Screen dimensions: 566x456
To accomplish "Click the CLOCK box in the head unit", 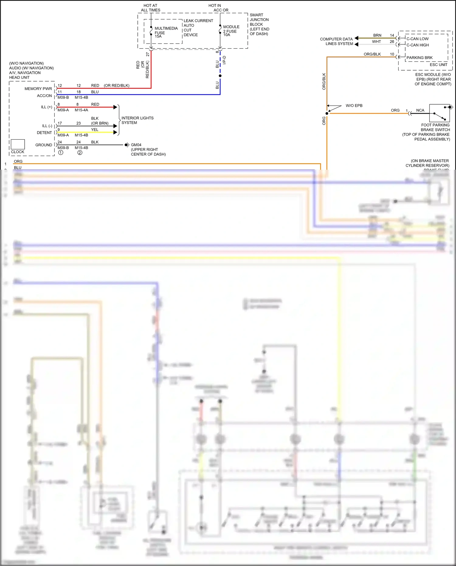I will coord(18,144).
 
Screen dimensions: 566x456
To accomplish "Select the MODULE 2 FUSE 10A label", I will coord(231,31).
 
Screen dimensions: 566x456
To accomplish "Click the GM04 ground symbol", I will coord(127,145).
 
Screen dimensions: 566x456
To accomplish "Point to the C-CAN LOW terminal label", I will coord(417,39).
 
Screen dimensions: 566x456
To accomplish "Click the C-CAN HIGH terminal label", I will coord(417,45).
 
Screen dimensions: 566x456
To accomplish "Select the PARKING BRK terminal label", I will coord(419,58).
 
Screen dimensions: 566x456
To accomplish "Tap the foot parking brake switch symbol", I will coord(440,113).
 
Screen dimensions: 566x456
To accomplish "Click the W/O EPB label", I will coord(354,106).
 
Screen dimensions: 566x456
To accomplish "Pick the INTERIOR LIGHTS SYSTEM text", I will coord(137,120).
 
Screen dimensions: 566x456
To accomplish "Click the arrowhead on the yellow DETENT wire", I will coord(115,132).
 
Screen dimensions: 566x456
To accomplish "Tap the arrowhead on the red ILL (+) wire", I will coord(115,107).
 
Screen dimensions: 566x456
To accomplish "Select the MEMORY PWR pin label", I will coord(38,89).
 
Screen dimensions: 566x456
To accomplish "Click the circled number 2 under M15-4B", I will coord(80,153).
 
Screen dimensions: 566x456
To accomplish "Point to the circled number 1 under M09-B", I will coord(61,153).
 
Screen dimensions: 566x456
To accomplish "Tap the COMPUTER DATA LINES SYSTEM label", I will coord(337,41).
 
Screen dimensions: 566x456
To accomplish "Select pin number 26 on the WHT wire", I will coord(392,42).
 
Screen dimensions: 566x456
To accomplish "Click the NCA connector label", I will coord(420,110).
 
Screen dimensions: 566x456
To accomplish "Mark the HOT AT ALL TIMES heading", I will coord(150,8).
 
